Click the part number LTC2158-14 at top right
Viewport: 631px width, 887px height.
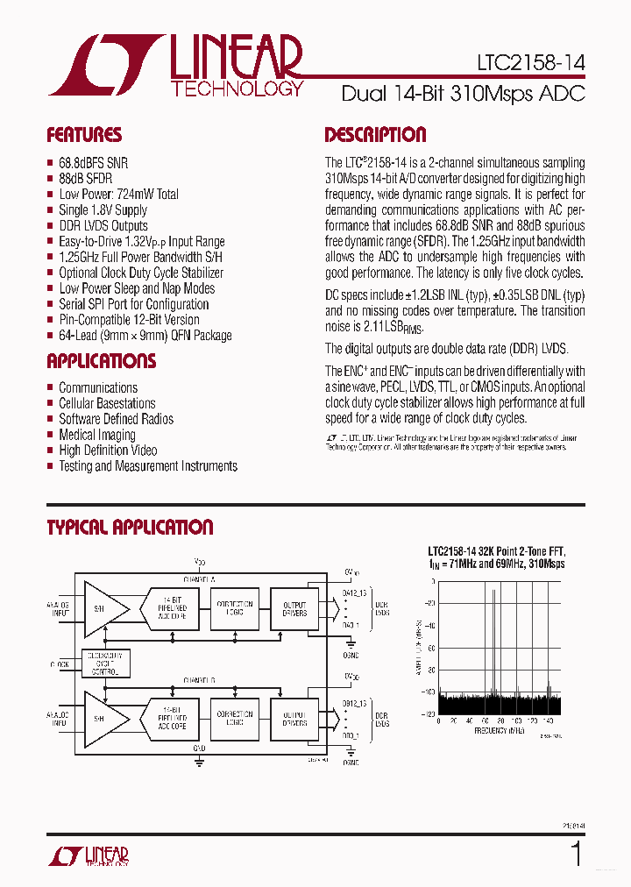tap(531, 63)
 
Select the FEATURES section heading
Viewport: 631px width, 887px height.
tap(84, 135)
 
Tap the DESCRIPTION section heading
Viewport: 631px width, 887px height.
tap(375, 135)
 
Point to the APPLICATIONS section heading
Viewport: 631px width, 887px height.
tap(101, 361)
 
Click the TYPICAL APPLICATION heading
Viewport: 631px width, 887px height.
tap(130, 528)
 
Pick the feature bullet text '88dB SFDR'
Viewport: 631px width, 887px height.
tap(85, 178)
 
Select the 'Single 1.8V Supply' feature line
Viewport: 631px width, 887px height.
tap(103, 209)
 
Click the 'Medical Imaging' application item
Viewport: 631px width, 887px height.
tap(96, 435)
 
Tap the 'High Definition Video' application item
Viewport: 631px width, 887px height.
tap(108, 451)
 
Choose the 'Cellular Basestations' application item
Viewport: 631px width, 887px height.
tap(107, 403)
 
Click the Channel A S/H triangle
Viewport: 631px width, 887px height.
tap(103, 608)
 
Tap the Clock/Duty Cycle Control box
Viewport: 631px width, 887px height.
tap(104, 663)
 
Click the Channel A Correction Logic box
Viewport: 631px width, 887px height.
tap(234, 608)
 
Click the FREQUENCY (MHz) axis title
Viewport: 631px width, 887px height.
tap(499, 729)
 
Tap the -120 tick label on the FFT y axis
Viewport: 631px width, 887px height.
tap(428, 715)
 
